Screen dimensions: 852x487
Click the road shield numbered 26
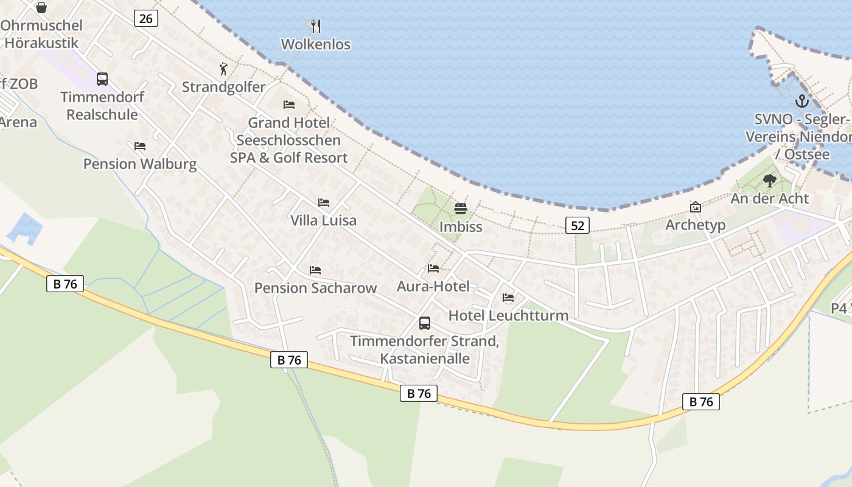pyautogui.click(x=146, y=19)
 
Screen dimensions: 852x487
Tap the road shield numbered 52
pyautogui.click(x=577, y=226)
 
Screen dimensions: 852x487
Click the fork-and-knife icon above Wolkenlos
pyautogui.click(x=315, y=26)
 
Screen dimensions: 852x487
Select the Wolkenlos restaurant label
pyautogui.click(x=315, y=44)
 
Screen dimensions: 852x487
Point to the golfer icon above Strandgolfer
pyautogui.click(x=224, y=69)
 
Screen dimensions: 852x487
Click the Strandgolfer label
pyautogui.click(x=224, y=87)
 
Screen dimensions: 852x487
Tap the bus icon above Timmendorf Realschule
pyautogui.click(x=102, y=79)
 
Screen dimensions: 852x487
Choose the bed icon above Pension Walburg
pyautogui.click(x=140, y=146)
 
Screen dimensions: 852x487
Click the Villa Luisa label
pyautogui.click(x=323, y=220)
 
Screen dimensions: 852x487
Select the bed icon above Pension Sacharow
pyautogui.click(x=315, y=270)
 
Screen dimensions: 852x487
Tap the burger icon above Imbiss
pyautogui.click(x=461, y=209)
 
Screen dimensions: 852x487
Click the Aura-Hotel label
pyautogui.click(x=433, y=286)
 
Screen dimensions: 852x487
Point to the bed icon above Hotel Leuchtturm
pyautogui.click(x=508, y=298)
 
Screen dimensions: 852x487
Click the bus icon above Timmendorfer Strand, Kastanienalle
pyautogui.click(x=425, y=323)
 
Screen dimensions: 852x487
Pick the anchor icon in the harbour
pyautogui.click(x=801, y=101)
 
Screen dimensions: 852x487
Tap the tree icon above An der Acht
pyautogui.click(x=770, y=180)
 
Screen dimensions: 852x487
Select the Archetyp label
pyautogui.click(x=696, y=225)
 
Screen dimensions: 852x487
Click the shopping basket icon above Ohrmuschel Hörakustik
pyautogui.click(x=41, y=7)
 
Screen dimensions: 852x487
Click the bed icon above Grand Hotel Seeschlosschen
pyautogui.click(x=289, y=105)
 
